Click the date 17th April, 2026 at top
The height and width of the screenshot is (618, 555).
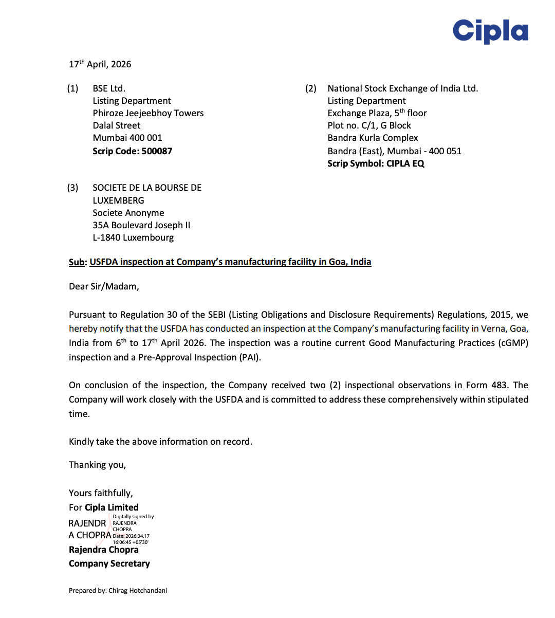[100, 64]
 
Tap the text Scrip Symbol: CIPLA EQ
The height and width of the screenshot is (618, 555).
[376, 163]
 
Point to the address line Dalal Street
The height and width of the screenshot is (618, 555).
[117, 125]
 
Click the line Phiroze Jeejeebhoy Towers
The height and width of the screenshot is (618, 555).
[148, 113]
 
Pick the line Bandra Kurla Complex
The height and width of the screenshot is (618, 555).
[373, 138]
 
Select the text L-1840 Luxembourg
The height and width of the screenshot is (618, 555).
[133, 238]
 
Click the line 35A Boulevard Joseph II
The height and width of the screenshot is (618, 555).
[141, 225]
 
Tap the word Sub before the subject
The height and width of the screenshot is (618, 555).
[76, 262]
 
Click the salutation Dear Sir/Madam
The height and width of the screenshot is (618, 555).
[104, 286]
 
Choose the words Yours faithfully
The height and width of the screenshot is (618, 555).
[101, 493]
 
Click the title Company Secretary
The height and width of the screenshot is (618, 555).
[109, 564]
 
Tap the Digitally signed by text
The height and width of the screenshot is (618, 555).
[133, 517]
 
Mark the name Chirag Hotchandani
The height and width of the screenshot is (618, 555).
[138, 591]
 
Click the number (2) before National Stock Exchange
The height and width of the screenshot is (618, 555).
[311, 88]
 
